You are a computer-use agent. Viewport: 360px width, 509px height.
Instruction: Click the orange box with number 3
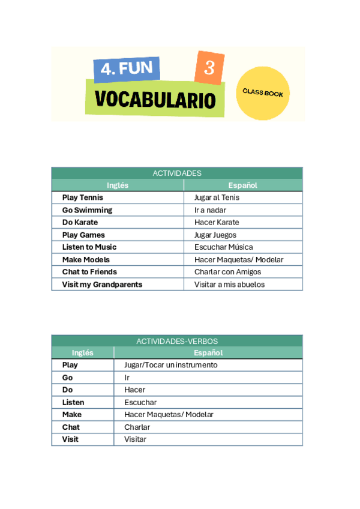tap(209, 68)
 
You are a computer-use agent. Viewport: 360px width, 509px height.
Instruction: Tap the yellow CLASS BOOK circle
tap(263, 94)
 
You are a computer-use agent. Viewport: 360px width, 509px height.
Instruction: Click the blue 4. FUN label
tap(127, 69)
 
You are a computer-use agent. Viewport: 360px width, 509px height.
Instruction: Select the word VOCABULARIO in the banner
tap(155, 100)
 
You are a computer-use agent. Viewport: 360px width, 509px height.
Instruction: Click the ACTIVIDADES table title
tap(177, 173)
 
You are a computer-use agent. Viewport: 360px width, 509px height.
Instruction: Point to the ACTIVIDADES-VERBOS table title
tap(177, 341)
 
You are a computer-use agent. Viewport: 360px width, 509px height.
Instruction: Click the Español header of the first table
tap(243, 185)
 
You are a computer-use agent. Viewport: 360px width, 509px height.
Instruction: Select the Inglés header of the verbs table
tap(83, 353)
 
